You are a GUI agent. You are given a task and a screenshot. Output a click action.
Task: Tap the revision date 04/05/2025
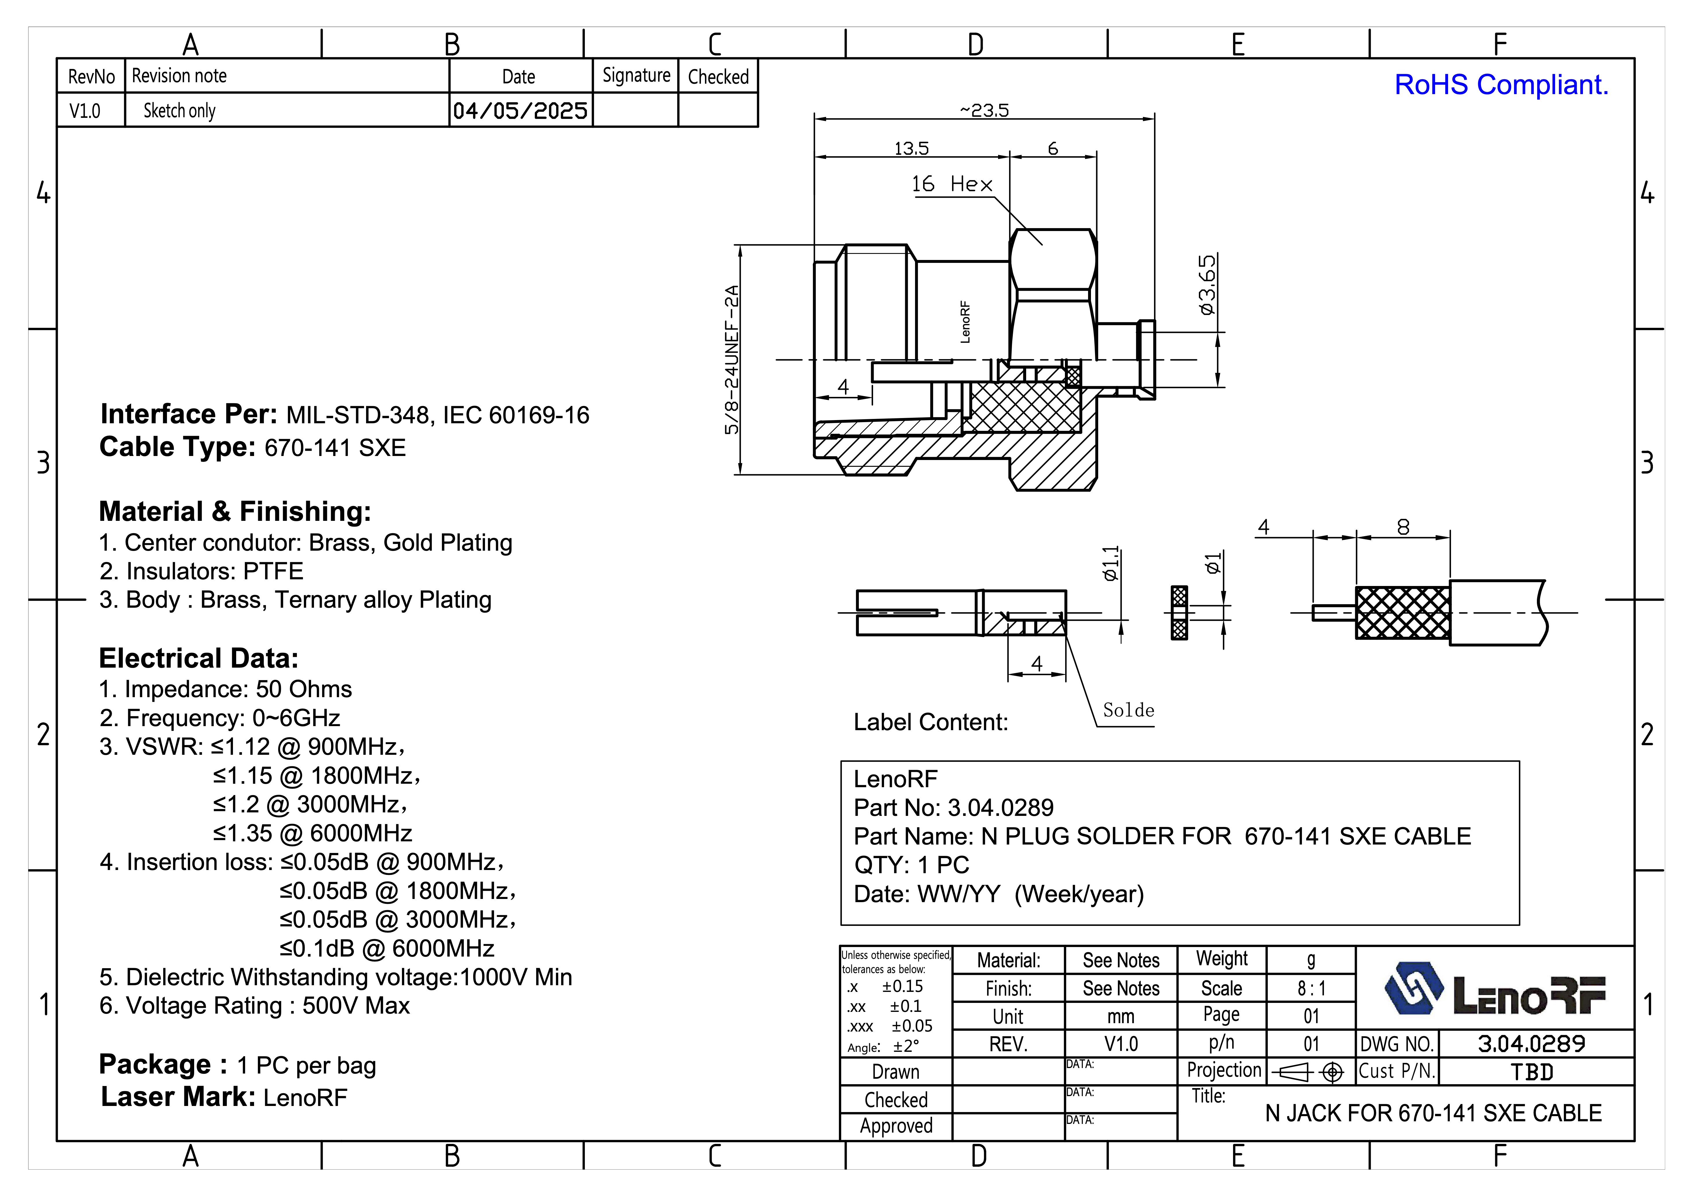pyautogui.click(x=520, y=111)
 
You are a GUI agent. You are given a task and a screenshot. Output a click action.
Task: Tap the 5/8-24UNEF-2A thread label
pyautogui.click(x=731, y=360)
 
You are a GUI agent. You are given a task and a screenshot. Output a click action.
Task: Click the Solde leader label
pyautogui.click(x=1127, y=710)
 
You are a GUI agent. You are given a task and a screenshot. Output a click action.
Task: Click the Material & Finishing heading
pyautogui.click(x=235, y=511)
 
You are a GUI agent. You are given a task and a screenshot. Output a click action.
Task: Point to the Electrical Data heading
pyautogui.click(x=199, y=658)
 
